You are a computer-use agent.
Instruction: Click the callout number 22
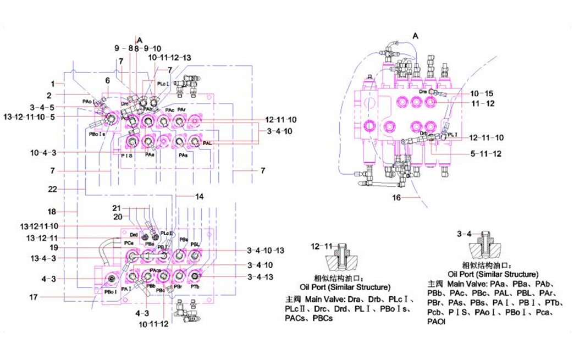coord(53,189)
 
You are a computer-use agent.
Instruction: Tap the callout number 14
coord(199,196)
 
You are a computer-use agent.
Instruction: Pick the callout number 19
coord(53,248)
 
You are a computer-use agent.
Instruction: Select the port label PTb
coord(195,287)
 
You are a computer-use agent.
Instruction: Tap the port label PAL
coord(207,143)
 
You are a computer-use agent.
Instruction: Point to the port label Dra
coord(423,92)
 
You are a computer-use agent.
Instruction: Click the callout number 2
coord(49,95)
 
